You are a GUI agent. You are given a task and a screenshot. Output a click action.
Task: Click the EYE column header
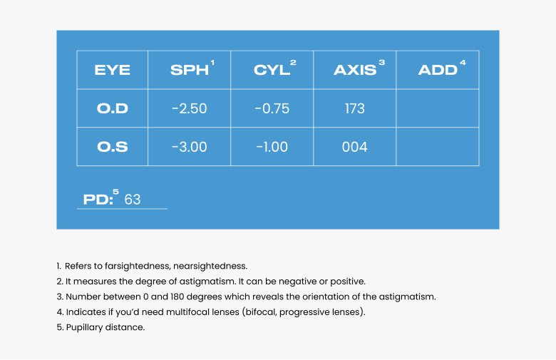click(x=112, y=70)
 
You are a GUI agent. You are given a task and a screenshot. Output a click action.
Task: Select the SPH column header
click(x=190, y=70)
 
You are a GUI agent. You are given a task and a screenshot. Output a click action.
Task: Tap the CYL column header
click(x=272, y=70)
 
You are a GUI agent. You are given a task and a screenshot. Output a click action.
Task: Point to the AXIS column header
click(x=355, y=70)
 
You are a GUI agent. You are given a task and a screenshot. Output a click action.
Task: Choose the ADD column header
click(x=438, y=70)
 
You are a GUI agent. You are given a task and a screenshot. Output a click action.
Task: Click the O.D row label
click(x=113, y=108)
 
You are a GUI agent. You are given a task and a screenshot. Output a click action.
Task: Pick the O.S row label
click(x=113, y=147)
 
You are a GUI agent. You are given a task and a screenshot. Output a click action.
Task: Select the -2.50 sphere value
click(x=190, y=108)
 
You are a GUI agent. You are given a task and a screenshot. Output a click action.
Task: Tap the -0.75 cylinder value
click(x=272, y=108)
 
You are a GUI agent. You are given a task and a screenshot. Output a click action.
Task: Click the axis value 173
click(x=355, y=108)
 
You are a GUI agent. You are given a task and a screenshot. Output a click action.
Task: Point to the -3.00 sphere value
click(x=190, y=147)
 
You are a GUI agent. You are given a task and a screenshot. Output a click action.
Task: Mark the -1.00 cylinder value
click(x=272, y=147)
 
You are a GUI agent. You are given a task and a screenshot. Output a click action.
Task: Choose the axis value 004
click(x=354, y=147)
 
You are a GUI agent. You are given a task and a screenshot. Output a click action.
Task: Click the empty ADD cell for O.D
click(x=438, y=108)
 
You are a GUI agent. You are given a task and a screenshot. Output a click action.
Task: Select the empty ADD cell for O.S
click(x=438, y=146)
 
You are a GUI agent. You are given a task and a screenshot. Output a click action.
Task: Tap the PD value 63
click(x=133, y=200)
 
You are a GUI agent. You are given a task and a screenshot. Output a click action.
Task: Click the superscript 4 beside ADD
click(x=463, y=63)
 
